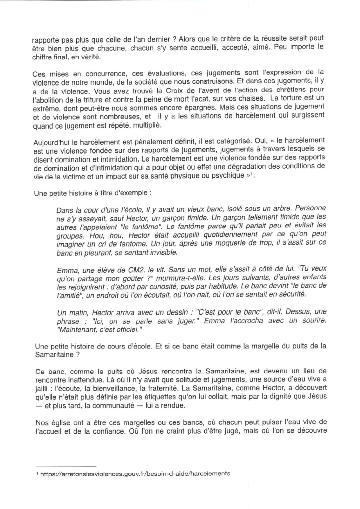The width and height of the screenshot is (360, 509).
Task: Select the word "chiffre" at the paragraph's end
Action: (x=41, y=57)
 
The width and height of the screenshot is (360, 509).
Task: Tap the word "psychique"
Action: (x=229, y=175)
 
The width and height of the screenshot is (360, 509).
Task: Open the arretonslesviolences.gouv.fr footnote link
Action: (x=135, y=474)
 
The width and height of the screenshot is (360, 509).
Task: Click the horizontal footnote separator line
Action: (x=65, y=465)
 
